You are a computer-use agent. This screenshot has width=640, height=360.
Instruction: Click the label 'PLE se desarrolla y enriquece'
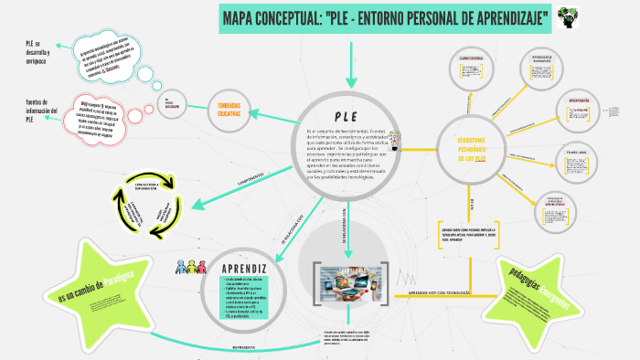[38, 53]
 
